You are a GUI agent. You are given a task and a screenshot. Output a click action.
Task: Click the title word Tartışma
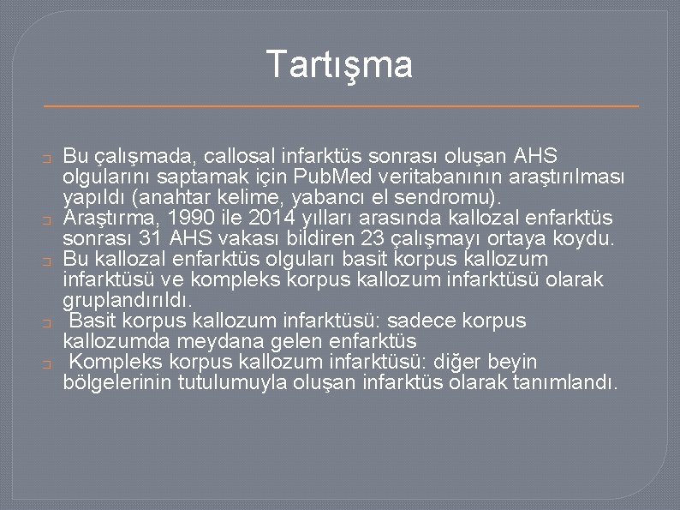(339, 64)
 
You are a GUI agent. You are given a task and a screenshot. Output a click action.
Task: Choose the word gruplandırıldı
(127, 300)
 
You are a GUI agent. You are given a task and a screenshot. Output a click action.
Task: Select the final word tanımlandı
(569, 382)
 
